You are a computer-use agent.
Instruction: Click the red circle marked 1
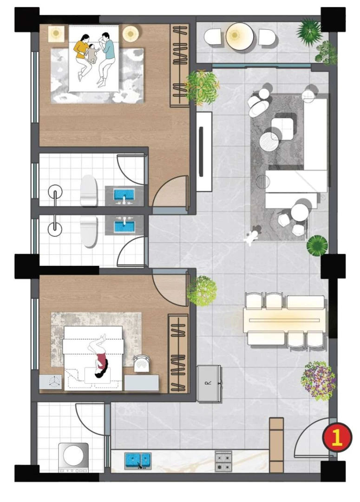click(x=337, y=437)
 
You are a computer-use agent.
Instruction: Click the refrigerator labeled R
click(x=209, y=383)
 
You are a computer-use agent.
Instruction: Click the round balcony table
click(x=240, y=36)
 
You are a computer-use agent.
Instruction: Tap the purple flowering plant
click(x=318, y=381)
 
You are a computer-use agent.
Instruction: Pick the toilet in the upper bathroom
click(x=89, y=191)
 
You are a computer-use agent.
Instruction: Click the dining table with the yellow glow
click(x=284, y=320)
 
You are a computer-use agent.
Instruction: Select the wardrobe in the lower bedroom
click(x=178, y=353)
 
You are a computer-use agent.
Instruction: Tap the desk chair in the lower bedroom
click(x=142, y=363)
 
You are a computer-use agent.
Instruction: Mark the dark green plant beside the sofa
click(x=317, y=245)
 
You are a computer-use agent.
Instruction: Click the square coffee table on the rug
click(x=283, y=129)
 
